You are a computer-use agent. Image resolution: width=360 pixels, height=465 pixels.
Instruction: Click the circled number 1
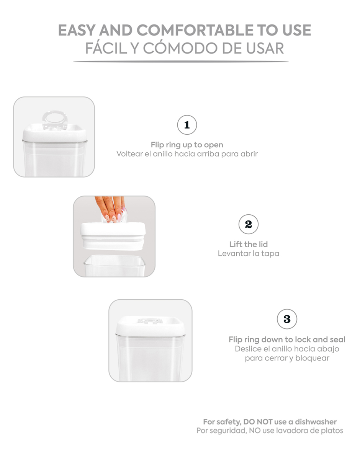click(187, 125)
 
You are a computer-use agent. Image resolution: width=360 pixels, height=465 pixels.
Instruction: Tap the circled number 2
click(248, 224)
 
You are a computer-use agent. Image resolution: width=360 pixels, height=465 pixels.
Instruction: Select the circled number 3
click(287, 319)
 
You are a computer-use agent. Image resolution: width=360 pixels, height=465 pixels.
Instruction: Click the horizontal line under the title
click(181, 62)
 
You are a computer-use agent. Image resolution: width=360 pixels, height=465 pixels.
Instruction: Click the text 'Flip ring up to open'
click(187, 145)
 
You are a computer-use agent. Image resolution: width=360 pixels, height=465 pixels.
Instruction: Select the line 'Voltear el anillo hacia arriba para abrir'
click(187, 154)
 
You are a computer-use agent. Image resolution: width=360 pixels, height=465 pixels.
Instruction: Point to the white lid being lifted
click(113, 234)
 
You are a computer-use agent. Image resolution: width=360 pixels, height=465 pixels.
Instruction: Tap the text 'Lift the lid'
click(248, 244)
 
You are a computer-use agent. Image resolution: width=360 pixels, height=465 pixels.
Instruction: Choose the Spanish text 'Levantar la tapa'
click(248, 253)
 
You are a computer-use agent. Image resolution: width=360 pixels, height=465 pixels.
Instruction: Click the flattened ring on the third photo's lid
click(150, 321)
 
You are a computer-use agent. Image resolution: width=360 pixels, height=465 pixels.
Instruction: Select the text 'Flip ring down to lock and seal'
click(287, 339)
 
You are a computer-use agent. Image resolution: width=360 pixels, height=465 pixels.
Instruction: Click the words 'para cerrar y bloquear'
click(287, 358)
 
